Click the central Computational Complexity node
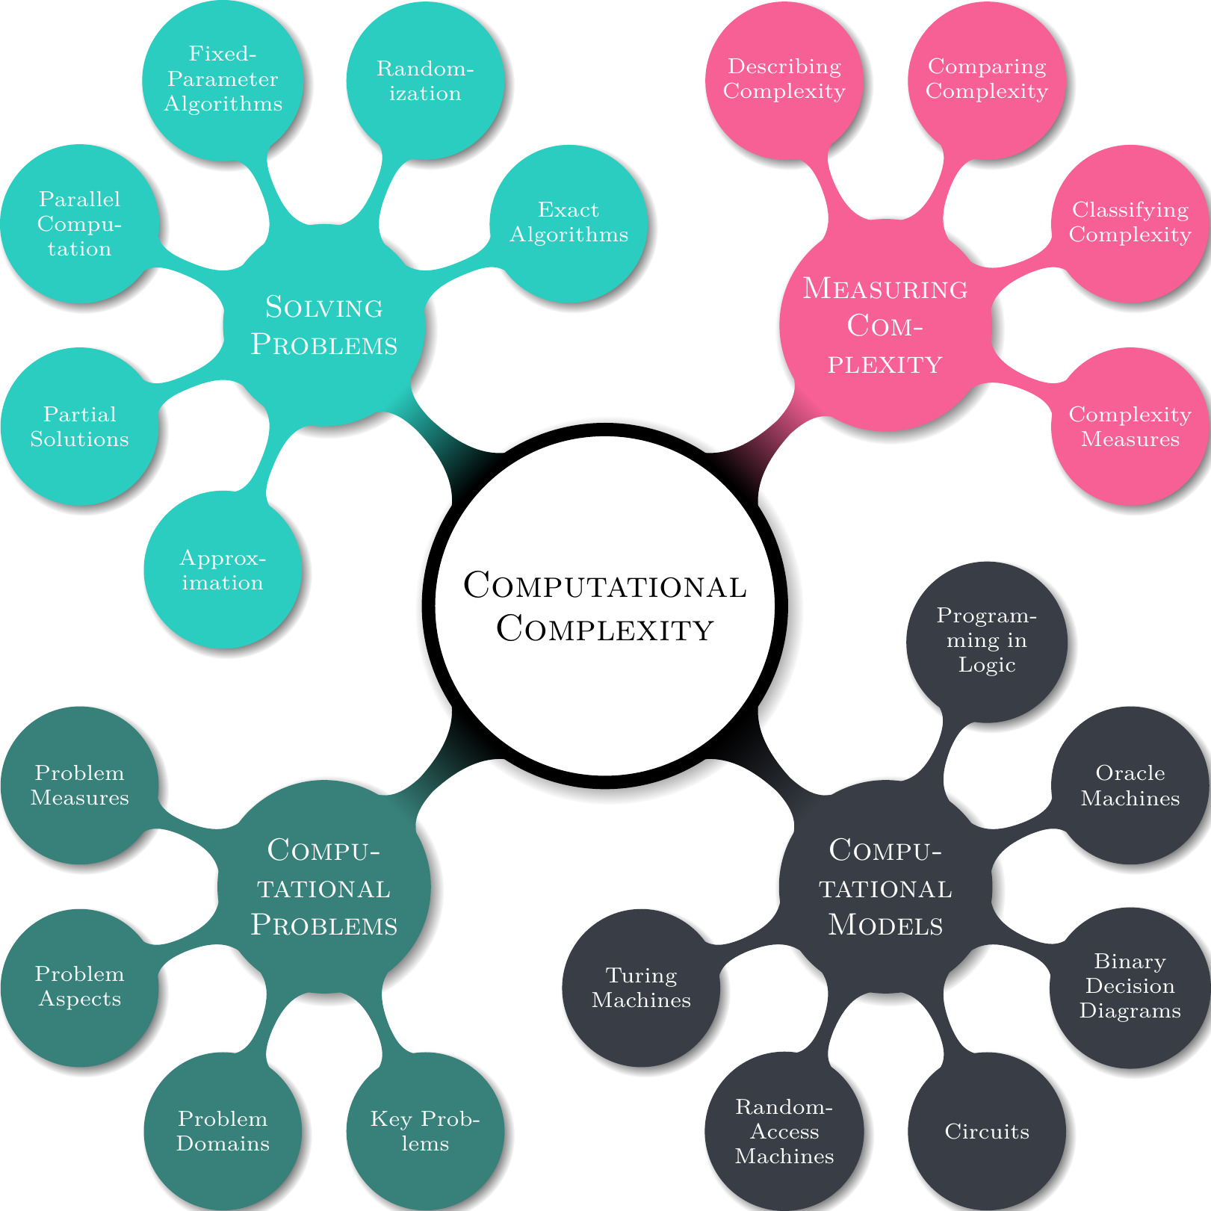click(605, 605)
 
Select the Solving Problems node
click(324, 326)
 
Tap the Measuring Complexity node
click(885, 326)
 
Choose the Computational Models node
click(885, 887)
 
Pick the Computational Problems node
click(324, 887)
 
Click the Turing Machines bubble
click(641, 987)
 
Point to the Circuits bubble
click(987, 1131)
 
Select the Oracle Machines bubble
click(1130, 785)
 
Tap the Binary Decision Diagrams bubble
click(1130, 986)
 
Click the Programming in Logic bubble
click(987, 641)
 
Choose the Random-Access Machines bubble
click(784, 1131)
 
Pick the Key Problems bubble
click(425, 1131)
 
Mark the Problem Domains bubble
click(223, 1131)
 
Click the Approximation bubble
click(223, 570)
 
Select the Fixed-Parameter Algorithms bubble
click(223, 79)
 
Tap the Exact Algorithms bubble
click(569, 223)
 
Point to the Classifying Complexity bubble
click(1130, 223)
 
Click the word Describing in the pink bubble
click(784, 66)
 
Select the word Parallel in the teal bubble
click(79, 199)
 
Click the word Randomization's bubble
click(425, 81)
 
